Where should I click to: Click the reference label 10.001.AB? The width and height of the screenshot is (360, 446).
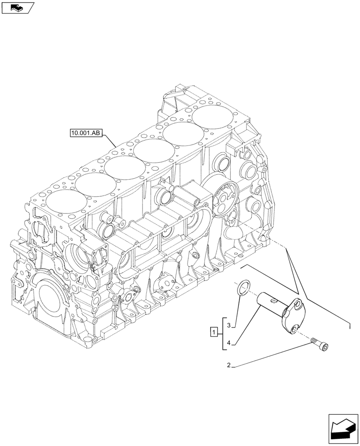click(x=86, y=132)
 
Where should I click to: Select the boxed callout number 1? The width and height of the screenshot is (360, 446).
click(x=214, y=332)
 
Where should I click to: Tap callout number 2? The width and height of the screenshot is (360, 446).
click(x=229, y=366)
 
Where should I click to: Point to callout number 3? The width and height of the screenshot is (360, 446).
click(x=229, y=326)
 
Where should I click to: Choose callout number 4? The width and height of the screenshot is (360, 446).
click(x=229, y=343)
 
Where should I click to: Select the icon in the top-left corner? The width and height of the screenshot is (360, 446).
click(x=17, y=7)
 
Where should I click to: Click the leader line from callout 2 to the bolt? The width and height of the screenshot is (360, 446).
click(x=272, y=355)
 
